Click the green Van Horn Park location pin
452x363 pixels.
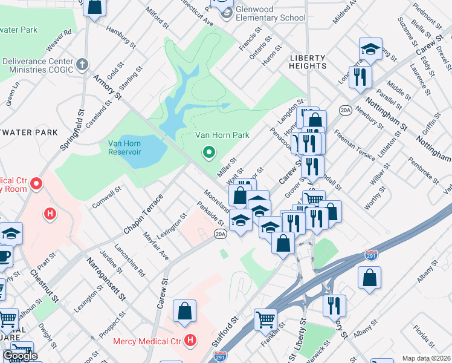(209, 153)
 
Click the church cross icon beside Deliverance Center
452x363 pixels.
(82, 62)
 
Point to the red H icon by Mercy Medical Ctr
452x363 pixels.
(190, 341)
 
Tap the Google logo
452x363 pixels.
(20, 356)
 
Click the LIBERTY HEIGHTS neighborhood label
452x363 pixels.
(299, 62)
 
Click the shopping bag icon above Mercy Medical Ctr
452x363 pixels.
(185, 311)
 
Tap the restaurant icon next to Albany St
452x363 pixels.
(334, 306)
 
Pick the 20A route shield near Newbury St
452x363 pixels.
(345, 110)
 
